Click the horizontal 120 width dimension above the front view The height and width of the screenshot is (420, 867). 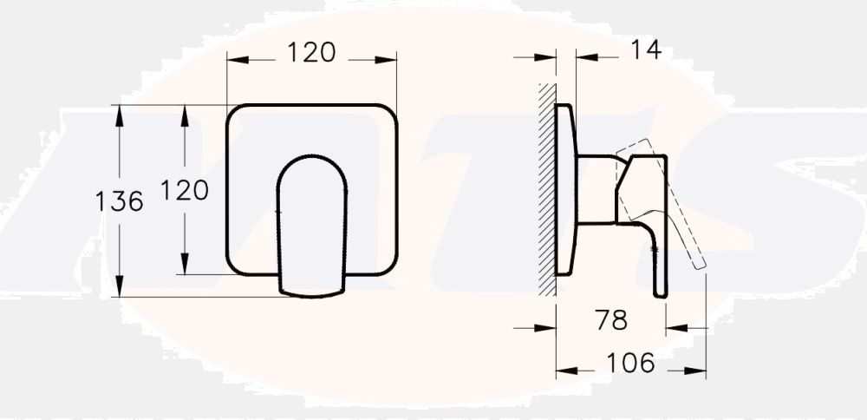[311, 53]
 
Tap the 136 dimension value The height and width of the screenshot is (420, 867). [119, 202]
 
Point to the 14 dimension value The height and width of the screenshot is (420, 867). [643, 50]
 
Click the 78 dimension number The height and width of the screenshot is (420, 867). [611, 320]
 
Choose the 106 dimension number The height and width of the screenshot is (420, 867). [630, 363]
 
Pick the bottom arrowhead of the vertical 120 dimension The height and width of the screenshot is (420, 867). [186, 268]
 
